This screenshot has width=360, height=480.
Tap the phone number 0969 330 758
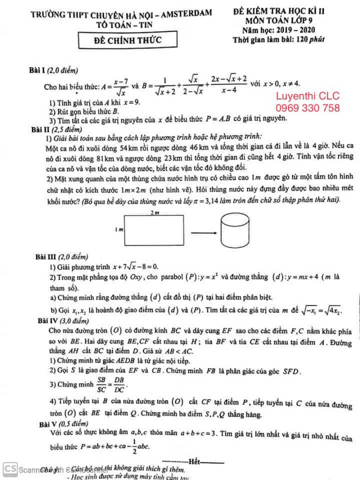tap(307, 108)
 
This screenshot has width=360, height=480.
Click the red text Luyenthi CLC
tap(307, 96)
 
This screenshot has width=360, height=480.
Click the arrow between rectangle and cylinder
tap(202, 233)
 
